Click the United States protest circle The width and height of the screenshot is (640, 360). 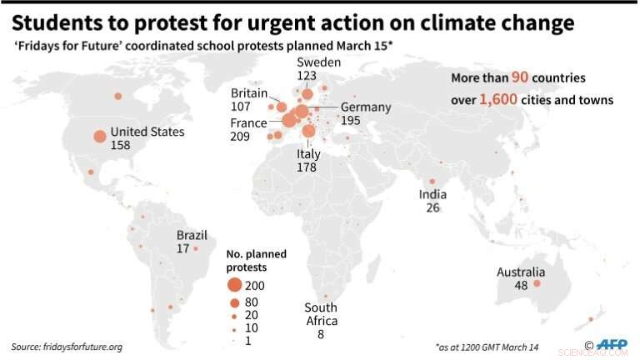coord(99,137)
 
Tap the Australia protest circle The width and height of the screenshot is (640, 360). coord(537,284)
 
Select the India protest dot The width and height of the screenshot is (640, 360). coord(432,182)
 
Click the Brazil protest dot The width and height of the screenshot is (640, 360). coord(196,248)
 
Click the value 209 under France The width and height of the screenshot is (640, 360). coord(240,137)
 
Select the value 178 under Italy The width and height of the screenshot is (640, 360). coord(308,167)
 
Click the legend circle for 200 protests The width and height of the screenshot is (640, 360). coord(234,286)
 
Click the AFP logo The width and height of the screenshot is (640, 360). coord(614,344)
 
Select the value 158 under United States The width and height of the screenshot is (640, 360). coord(122,145)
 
